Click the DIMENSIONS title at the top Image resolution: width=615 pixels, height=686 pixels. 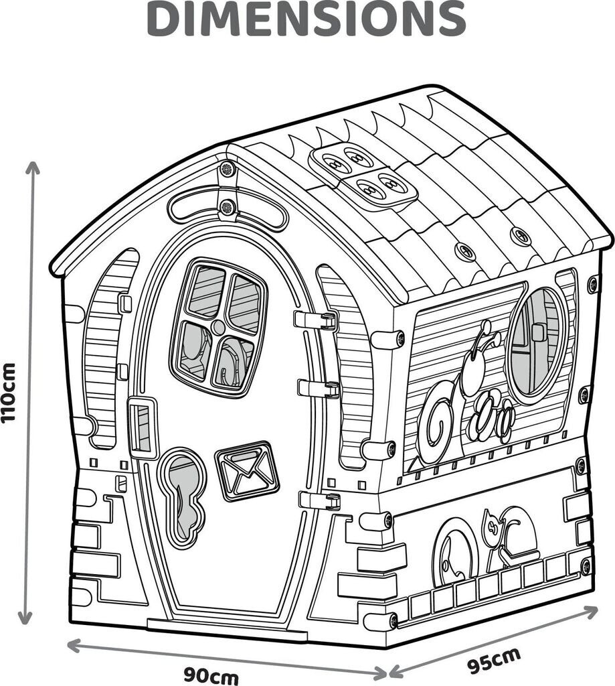point(306,19)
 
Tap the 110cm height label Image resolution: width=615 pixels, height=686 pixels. point(9,393)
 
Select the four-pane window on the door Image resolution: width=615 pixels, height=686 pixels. point(218,327)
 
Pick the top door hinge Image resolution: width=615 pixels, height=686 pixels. point(317,320)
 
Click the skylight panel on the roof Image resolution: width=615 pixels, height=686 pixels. point(361,174)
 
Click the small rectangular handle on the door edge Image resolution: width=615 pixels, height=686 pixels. point(143,428)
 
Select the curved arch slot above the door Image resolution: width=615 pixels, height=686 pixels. point(228,207)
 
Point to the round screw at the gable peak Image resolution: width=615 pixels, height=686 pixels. point(226,168)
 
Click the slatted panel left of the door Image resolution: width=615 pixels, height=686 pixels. point(104,348)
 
